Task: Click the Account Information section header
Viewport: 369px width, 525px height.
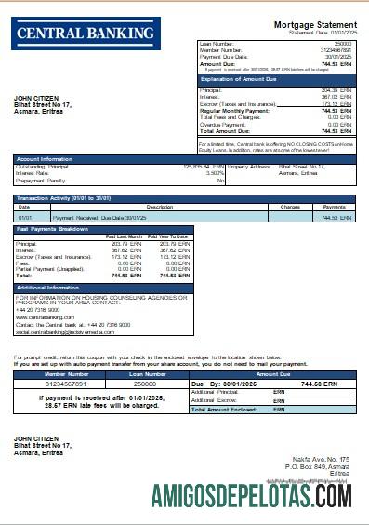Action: coord(46,159)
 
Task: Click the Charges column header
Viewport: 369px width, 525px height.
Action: coord(289,207)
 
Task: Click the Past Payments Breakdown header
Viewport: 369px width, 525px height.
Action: coord(53,229)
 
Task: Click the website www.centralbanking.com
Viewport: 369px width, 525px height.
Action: coord(46,317)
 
